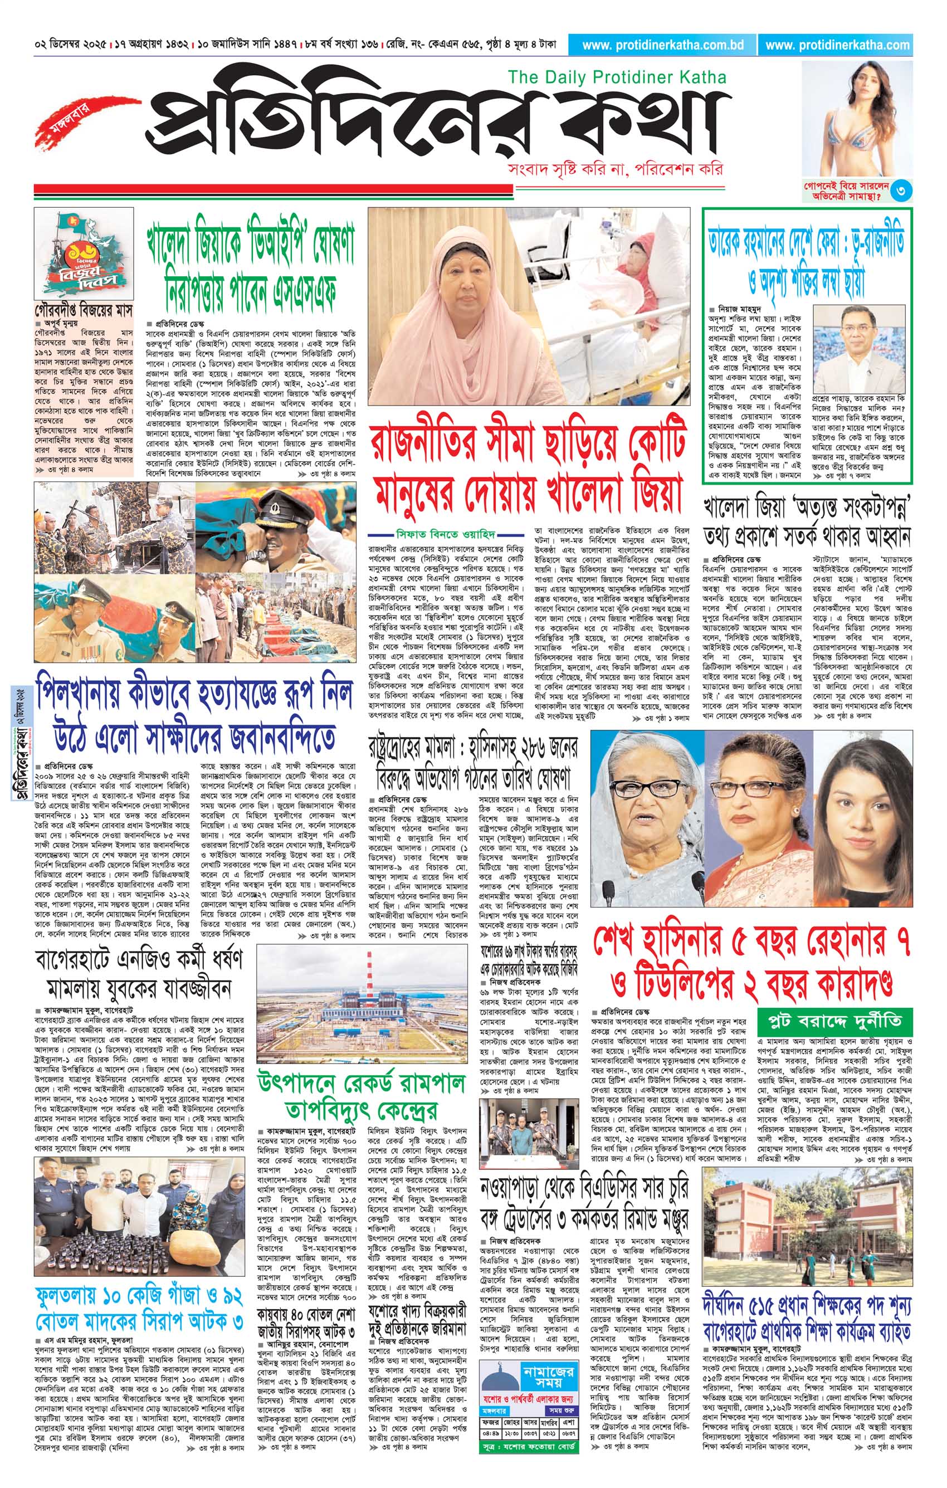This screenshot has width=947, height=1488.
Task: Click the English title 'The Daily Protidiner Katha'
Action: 616,77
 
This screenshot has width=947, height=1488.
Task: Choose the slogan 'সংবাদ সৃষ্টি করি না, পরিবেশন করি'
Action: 613,169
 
